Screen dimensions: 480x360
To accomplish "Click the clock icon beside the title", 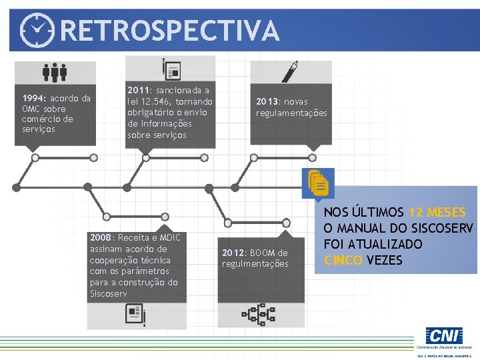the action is (37, 29).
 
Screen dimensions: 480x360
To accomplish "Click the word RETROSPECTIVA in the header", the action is (170, 30).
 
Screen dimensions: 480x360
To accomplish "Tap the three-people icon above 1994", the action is (55, 72).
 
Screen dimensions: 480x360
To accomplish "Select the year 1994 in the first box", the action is (33, 99).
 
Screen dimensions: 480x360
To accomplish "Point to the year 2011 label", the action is (138, 90).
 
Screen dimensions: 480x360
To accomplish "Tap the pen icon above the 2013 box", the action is (291, 71).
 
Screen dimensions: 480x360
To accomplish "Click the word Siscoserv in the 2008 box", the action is (108, 293).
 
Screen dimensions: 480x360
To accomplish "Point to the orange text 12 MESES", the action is (437, 212).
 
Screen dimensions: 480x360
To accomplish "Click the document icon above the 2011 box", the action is (171, 69).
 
